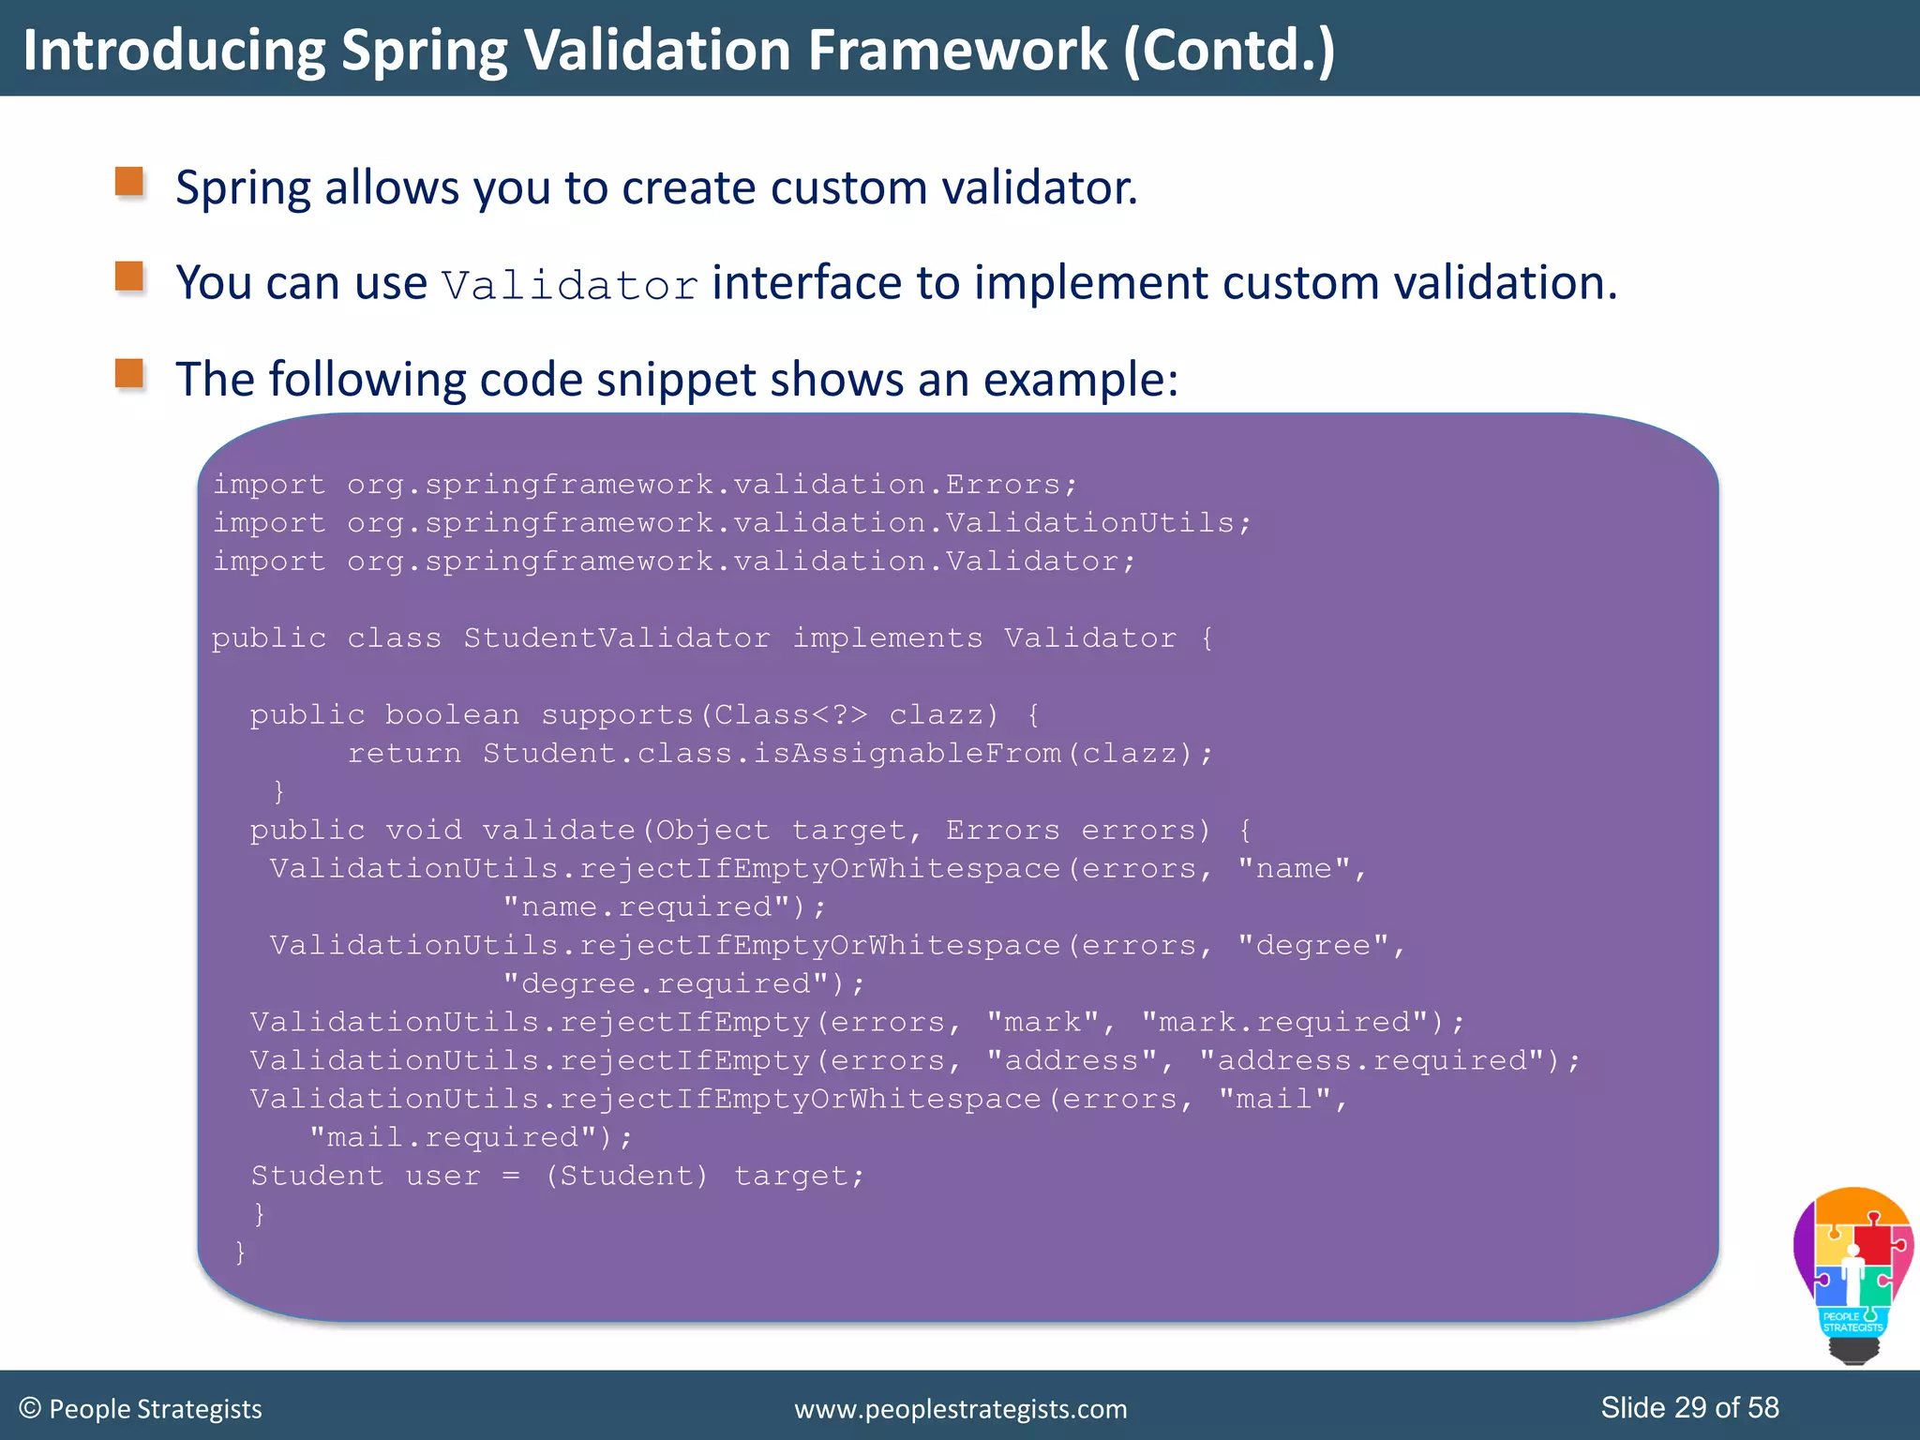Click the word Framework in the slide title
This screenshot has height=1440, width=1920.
coord(956,51)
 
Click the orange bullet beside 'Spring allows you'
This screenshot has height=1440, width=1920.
coord(129,182)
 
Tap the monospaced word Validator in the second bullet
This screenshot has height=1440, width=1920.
coord(570,286)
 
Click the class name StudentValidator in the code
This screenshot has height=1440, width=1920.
coord(617,638)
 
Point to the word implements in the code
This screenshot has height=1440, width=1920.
coord(888,638)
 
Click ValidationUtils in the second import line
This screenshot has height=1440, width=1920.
coord(1089,523)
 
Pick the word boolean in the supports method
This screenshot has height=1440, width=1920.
coord(452,715)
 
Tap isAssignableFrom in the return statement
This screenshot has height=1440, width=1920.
coord(907,754)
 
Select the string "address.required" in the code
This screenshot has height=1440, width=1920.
coord(1372,1061)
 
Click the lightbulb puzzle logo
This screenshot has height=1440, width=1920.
coord(1852,1273)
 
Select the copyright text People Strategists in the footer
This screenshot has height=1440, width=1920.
coord(155,1409)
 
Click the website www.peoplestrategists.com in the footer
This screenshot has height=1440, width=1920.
coord(960,1409)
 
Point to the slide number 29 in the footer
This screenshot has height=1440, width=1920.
coord(1689,1407)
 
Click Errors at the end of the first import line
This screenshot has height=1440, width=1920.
coord(1001,485)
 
